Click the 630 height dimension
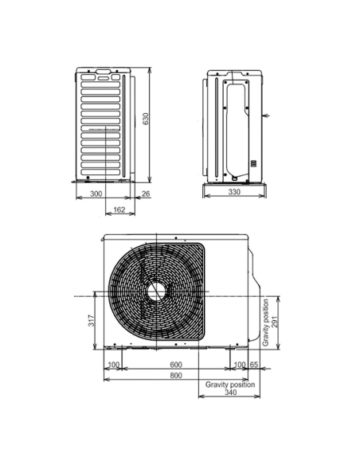(145, 119)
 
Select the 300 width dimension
(95, 193)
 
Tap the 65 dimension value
(254, 365)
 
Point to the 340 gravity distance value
(230, 393)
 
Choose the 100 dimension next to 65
(239, 365)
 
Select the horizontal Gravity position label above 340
(230, 384)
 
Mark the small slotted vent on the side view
(254, 164)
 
